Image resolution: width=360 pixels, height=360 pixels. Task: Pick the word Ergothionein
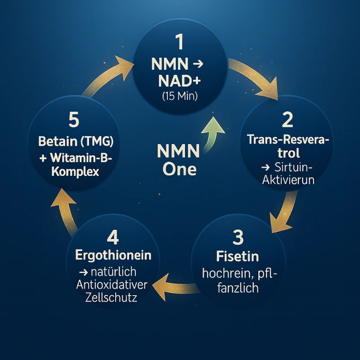pos(113,255)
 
